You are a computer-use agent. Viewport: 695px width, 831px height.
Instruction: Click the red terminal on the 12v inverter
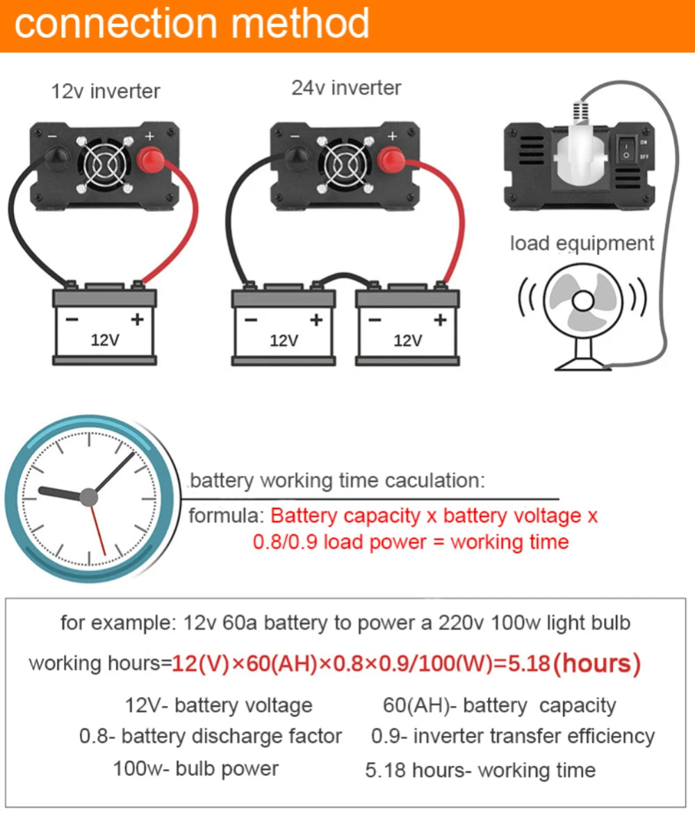tap(151, 160)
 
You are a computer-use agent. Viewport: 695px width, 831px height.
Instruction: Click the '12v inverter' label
tap(106, 91)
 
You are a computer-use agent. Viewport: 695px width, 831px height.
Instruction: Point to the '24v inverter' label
tap(346, 88)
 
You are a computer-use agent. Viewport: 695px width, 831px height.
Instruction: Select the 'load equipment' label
tap(582, 243)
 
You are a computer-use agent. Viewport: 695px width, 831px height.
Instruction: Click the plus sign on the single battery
tap(137, 319)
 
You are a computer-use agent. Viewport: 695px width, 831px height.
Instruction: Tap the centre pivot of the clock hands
tap(89, 497)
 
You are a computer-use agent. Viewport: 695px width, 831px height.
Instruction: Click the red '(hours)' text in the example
tap(597, 664)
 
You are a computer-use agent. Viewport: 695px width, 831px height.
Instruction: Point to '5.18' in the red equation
tap(528, 664)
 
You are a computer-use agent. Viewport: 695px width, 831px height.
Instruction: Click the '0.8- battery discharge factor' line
tap(211, 737)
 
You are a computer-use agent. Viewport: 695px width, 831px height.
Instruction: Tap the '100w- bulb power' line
tap(196, 769)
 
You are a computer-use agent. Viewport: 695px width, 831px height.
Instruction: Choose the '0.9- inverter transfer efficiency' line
tap(513, 737)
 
